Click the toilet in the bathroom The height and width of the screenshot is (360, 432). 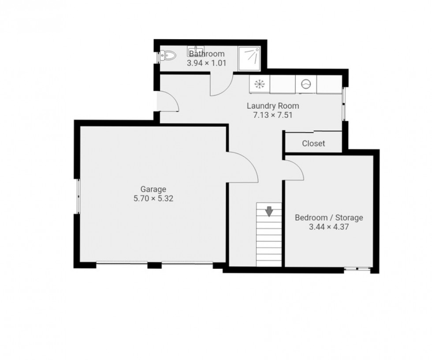[168, 56]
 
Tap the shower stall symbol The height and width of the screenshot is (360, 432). [250, 59]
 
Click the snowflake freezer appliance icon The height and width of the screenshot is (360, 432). [260, 84]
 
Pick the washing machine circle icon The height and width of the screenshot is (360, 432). [306, 84]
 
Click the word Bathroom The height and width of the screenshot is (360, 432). [207, 54]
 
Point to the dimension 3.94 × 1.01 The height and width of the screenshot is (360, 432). [207, 63]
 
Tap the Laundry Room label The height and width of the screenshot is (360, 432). [273, 106]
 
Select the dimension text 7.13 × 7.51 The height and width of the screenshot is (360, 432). [273, 115]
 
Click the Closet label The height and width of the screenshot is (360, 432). [313, 143]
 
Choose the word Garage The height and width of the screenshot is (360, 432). [153, 189]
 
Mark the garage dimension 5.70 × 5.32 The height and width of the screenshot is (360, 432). [153, 199]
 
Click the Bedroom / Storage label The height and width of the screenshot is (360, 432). [329, 218]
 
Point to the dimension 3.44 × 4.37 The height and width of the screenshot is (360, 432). [329, 227]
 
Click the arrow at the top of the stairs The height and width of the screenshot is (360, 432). [269, 212]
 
